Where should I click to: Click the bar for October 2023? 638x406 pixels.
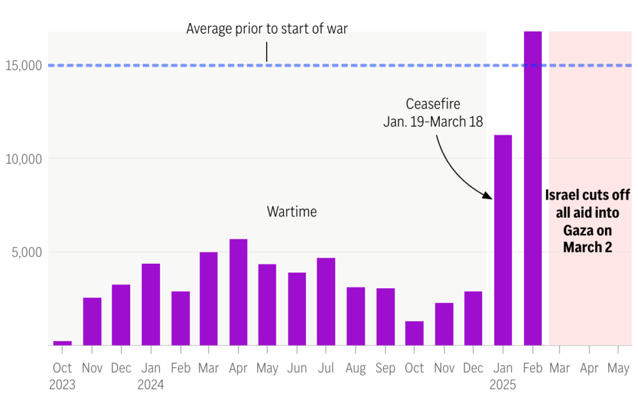[x=62, y=343]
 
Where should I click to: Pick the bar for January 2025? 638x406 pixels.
[x=503, y=240]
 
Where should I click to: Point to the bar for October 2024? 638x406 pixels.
[x=414, y=333]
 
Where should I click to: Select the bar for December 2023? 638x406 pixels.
[x=121, y=315]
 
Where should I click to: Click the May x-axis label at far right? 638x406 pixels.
[x=618, y=369]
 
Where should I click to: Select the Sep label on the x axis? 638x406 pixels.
[x=385, y=369]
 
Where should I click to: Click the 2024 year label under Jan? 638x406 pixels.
[x=150, y=385]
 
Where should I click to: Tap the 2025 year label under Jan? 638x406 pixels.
[x=503, y=385]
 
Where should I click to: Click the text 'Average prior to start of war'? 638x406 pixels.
[x=267, y=29]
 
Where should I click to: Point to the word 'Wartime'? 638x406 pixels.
[x=292, y=212]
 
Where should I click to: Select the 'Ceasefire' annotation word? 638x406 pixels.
[x=433, y=104]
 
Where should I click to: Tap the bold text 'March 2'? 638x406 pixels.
[x=588, y=248]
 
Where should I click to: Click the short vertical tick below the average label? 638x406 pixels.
[x=267, y=52]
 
